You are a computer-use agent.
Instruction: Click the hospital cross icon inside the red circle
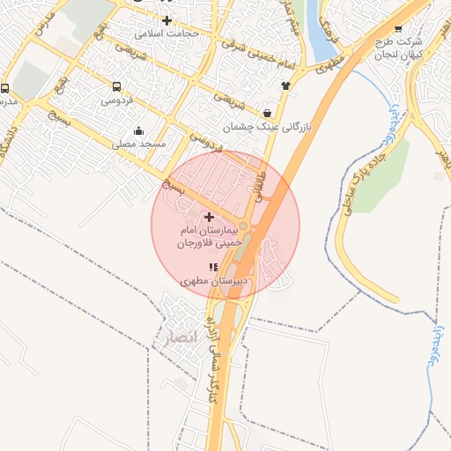coord(209,216)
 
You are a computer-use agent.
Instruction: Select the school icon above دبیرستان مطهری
coord(211,266)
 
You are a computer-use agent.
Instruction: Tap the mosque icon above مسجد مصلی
coord(139,131)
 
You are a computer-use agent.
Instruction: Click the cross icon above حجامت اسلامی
coord(166,19)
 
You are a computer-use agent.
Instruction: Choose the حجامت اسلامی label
coord(168,33)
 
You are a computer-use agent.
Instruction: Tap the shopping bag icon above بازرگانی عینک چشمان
coord(267,113)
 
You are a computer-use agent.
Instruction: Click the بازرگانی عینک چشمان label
coord(268,128)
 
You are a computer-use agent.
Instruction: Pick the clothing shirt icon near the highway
coord(285,85)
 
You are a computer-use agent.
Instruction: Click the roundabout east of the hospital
coord(243,228)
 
